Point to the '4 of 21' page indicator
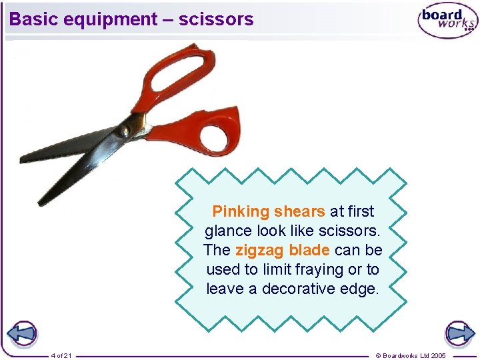pyautogui.click(x=61, y=355)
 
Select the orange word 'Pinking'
pyautogui.click(x=240, y=212)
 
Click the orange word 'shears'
pyautogui.click(x=299, y=212)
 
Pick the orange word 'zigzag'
pyautogui.click(x=259, y=251)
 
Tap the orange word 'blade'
pyautogui.click(x=309, y=251)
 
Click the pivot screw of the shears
pyautogui.click(x=124, y=131)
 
